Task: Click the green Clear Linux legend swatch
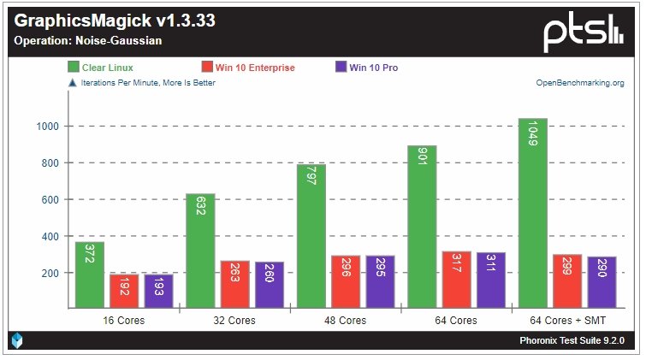74,67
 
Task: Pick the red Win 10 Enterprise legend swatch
207,67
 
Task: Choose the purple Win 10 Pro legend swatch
341,67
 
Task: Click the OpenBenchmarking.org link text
579,83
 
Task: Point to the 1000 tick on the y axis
47,127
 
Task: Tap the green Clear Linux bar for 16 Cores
89,274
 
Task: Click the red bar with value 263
234,284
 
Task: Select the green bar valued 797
310,236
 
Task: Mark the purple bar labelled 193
158,291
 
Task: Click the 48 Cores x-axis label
345,321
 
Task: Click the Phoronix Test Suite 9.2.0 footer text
572,340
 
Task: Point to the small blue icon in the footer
17,340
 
